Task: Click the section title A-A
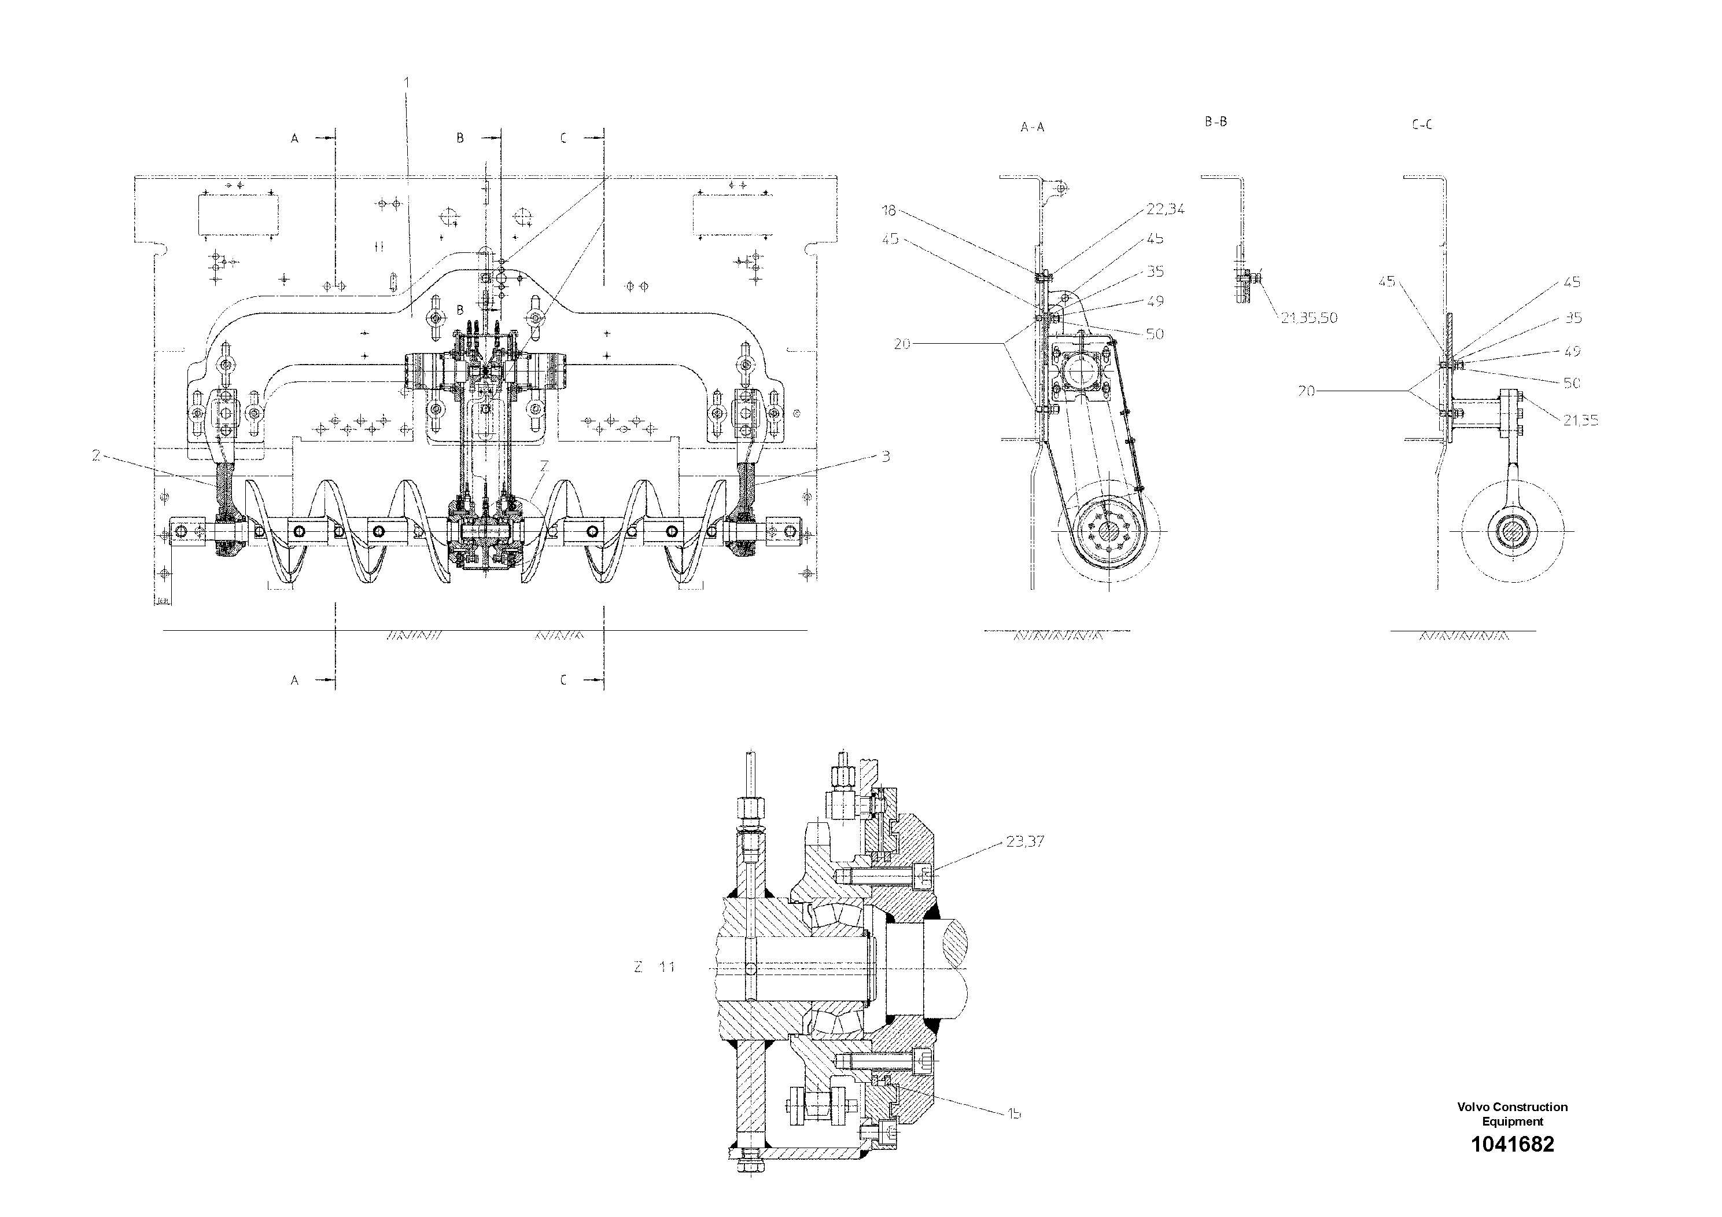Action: click(1032, 127)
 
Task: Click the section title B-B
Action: click(1216, 122)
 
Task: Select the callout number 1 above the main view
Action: click(407, 81)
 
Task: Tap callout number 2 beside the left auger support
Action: click(96, 455)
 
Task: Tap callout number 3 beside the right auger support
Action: click(885, 456)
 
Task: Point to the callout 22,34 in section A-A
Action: click(1165, 209)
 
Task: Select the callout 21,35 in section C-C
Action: click(1580, 421)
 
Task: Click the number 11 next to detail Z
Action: click(667, 967)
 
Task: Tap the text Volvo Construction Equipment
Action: click(1512, 1114)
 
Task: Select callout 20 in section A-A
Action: click(902, 344)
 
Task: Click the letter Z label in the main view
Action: click(544, 466)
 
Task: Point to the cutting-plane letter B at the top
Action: click(460, 138)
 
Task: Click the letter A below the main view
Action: click(295, 680)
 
